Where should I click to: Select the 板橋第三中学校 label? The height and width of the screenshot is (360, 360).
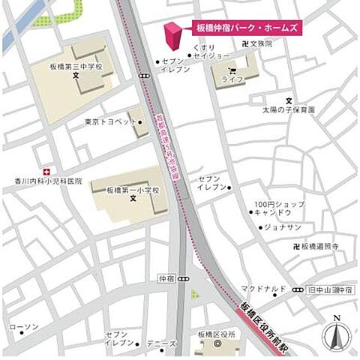[76, 66]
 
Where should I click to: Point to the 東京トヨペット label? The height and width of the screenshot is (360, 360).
[111, 121]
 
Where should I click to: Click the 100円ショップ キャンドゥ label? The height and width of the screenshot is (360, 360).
[279, 208]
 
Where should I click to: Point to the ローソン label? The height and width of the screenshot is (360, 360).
[23, 327]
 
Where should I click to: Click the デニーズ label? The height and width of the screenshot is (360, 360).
[161, 344]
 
